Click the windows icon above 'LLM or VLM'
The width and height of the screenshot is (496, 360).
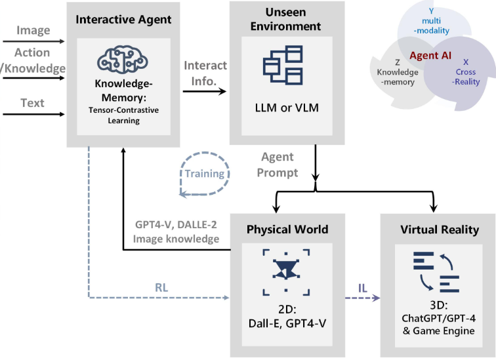pyautogui.click(x=281, y=65)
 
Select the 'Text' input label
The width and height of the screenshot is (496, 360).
pyautogui.click(x=32, y=102)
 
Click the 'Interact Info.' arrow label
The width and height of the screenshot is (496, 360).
pyautogui.click(x=205, y=72)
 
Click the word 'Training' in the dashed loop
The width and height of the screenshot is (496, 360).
pyautogui.click(x=204, y=174)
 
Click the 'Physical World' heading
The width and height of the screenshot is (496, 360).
pyautogui.click(x=287, y=230)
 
